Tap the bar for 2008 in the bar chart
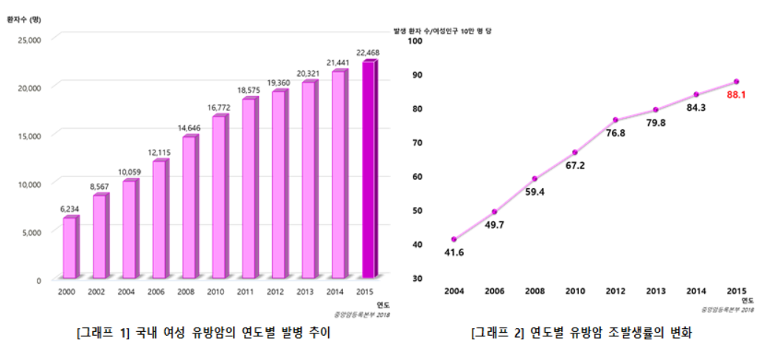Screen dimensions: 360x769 click(188, 207)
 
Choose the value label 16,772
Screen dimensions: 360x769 click(218, 108)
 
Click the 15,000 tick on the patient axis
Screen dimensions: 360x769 click(30, 135)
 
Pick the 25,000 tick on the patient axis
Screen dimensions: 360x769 click(30, 38)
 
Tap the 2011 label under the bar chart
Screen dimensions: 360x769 click(246, 292)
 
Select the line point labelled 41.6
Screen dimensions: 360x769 click(454, 239)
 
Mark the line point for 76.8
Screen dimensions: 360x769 click(615, 120)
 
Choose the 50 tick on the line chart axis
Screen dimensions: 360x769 click(417, 210)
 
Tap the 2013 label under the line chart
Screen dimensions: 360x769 click(655, 291)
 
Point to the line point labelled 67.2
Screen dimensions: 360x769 click(575, 153)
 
